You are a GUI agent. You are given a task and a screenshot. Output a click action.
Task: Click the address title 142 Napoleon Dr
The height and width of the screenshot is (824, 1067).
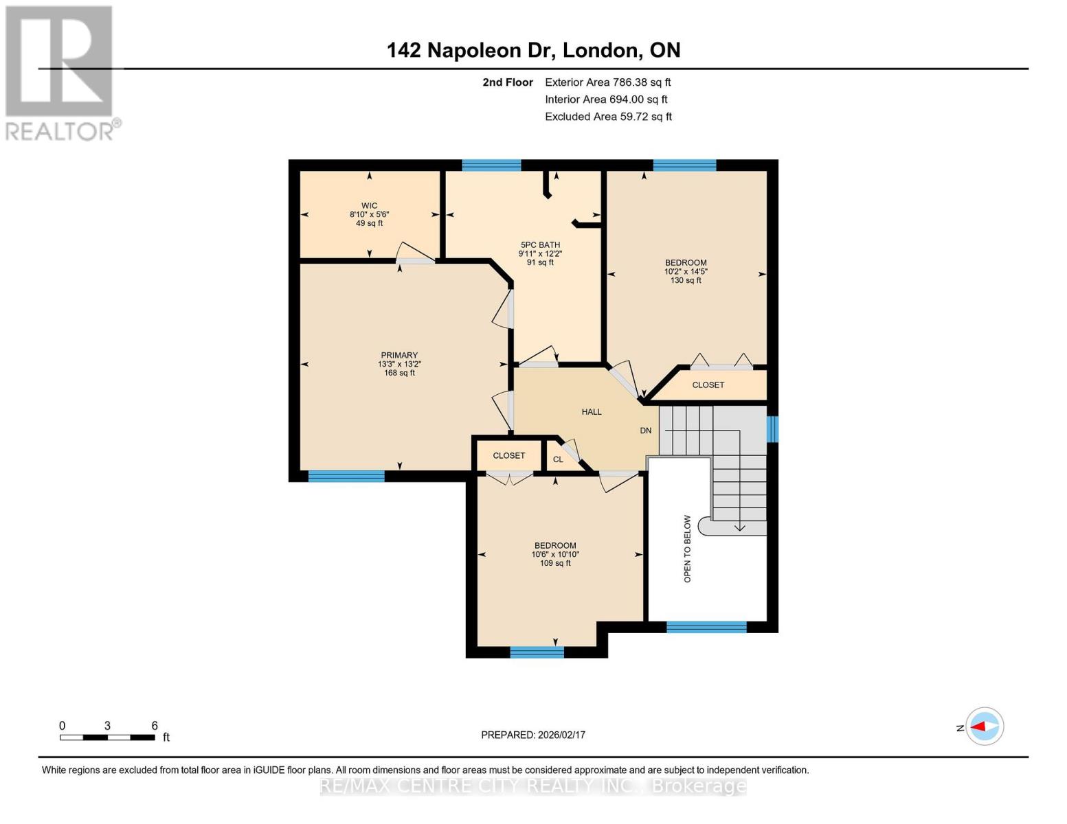[x=533, y=50]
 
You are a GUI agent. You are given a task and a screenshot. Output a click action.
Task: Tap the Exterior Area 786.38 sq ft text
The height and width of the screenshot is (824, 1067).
[x=607, y=82]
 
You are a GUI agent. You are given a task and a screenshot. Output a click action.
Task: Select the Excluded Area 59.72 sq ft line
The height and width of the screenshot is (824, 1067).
[x=608, y=117]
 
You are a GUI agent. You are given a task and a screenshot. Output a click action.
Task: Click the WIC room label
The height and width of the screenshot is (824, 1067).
[x=370, y=206]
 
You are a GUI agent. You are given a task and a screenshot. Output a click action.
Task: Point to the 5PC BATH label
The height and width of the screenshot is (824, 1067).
[x=540, y=245]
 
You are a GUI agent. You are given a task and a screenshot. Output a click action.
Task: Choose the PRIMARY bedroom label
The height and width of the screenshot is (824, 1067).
[x=399, y=356]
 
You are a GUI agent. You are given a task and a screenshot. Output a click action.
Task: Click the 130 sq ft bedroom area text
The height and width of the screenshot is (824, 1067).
[x=686, y=280]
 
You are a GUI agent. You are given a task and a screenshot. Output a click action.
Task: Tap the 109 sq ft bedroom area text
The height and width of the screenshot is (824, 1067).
[x=555, y=563]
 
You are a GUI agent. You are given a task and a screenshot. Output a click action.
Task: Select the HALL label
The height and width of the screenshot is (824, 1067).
[x=592, y=412]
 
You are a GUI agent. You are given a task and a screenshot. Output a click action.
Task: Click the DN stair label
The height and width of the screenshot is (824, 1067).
[x=646, y=431]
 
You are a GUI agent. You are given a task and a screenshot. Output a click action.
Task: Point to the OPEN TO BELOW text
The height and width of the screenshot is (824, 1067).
[x=687, y=549]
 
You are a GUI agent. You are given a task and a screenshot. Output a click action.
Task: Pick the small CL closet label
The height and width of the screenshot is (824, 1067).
[x=558, y=459]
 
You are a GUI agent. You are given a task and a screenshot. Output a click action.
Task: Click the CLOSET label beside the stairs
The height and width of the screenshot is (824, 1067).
[x=708, y=385]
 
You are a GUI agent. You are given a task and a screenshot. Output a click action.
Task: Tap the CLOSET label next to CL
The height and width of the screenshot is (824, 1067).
[x=508, y=455]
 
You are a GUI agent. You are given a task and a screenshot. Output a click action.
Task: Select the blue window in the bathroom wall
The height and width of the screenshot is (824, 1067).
[x=491, y=165]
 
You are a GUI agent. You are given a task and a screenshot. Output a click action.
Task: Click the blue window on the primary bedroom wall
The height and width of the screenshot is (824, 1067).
[x=346, y=477]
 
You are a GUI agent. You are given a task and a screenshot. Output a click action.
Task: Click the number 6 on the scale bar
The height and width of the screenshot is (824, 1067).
[x=155, y=726]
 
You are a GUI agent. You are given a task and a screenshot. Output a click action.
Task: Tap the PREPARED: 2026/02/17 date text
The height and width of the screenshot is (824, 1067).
[x=533, y=735]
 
